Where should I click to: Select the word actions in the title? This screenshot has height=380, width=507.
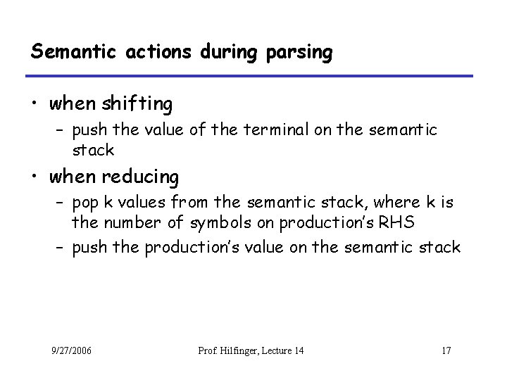tap(144, 51)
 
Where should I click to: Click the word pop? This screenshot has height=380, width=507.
tap(85, 204)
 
